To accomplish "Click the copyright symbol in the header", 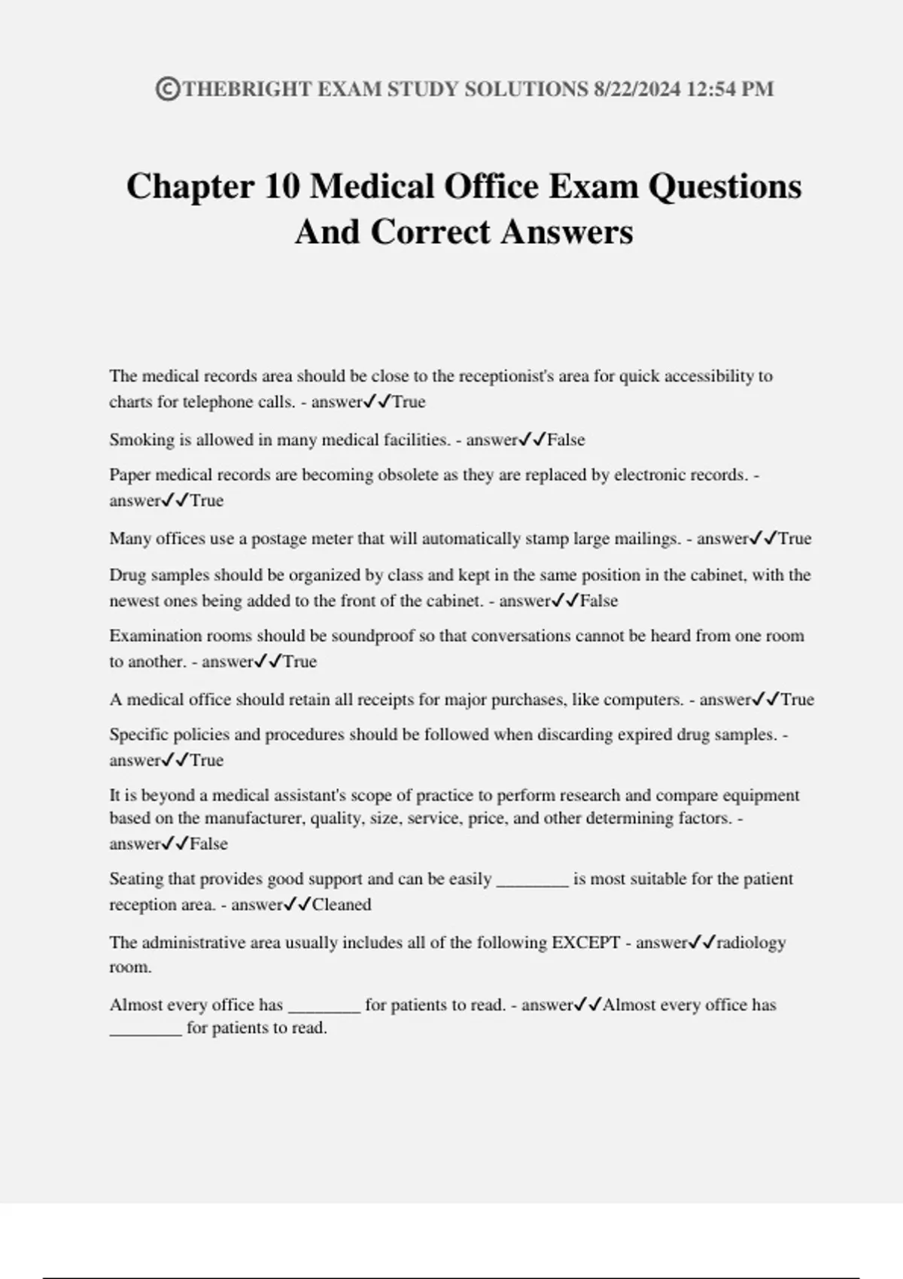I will [167, 90].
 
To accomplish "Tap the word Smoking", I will [141, 440].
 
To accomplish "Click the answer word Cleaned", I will [341, 905].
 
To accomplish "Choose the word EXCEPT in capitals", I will [586, 943].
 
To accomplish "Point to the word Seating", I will [138, 880].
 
